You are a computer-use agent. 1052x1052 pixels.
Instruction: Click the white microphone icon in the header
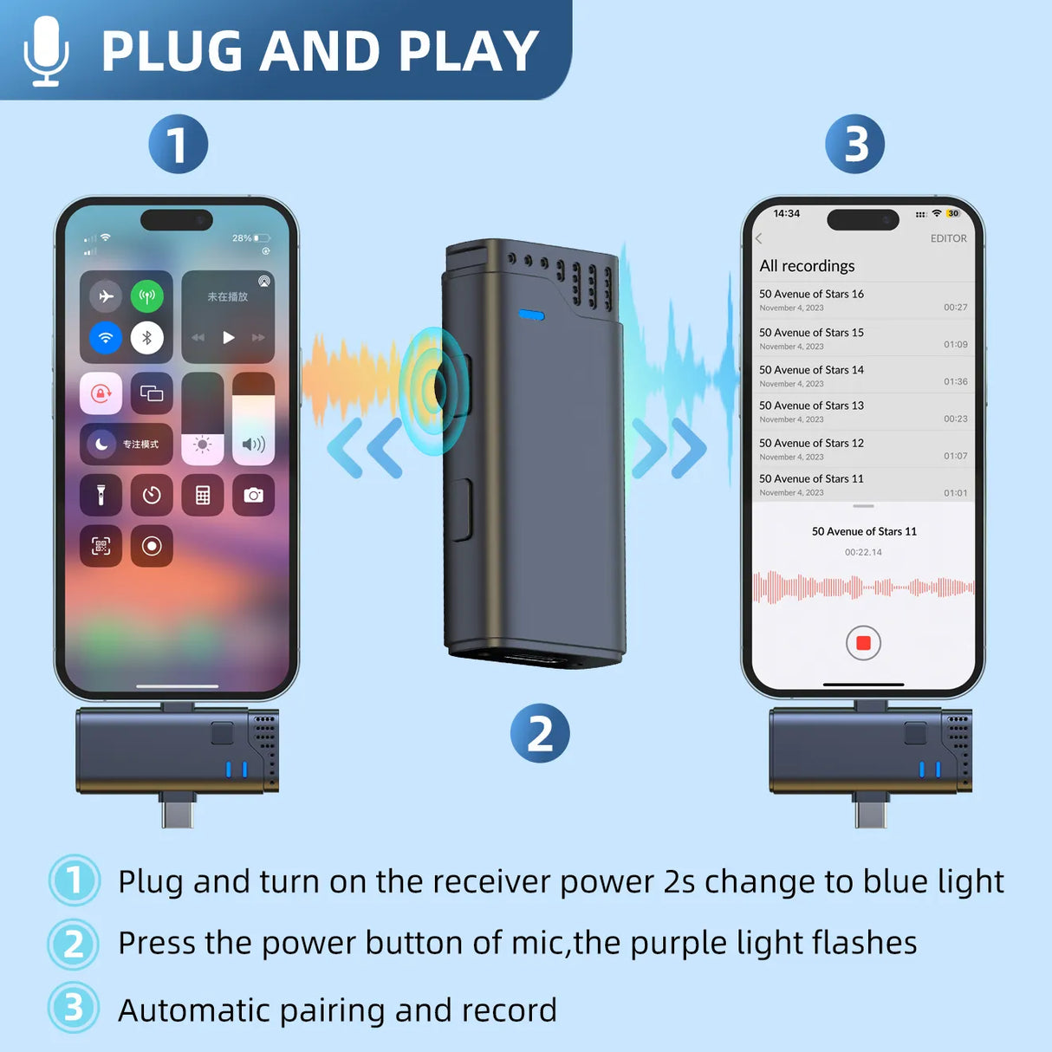tap(46, 51)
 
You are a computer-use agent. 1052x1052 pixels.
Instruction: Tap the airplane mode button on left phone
tap(106, 297)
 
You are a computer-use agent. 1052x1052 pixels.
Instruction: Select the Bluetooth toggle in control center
tap(147, 338)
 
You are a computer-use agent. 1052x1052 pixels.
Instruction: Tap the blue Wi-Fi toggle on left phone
tap(106, 338)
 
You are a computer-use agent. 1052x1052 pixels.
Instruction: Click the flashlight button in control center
tap(101, 495)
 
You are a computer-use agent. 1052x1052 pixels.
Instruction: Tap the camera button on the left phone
tap(253, 495)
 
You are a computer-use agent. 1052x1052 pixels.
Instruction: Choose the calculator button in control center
tap(203, 495)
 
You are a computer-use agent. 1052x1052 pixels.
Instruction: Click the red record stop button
tap(863, 643)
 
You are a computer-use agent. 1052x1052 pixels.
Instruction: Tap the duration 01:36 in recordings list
tap(955, 381)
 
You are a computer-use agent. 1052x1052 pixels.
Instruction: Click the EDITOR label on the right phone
tap(948, 238)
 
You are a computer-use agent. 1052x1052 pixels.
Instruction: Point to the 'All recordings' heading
tap(807, 266)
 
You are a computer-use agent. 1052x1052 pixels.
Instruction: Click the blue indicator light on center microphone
tap(531, 315)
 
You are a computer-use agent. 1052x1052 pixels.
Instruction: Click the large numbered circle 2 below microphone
tap(540, 734)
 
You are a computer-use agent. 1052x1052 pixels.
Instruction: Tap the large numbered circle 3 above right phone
tap(855, 144)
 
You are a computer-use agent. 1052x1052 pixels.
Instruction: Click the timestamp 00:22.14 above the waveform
tap(863, 552)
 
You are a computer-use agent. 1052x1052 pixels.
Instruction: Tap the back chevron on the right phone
tap(759, 238)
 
